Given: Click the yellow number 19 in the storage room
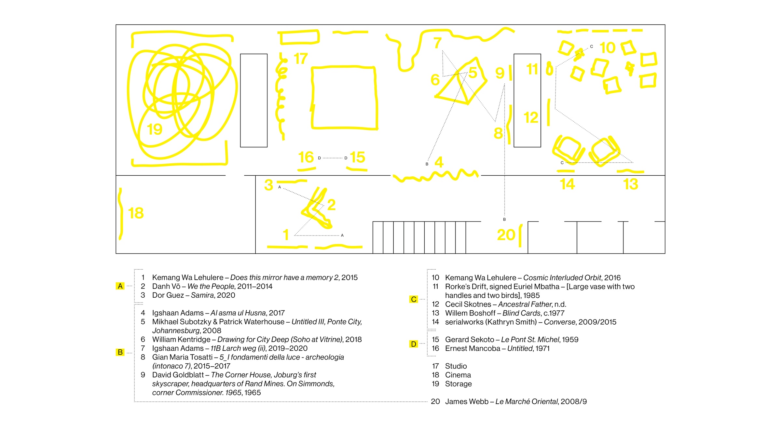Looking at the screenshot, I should point(155,129).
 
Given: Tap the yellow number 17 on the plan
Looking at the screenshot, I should point(300,59).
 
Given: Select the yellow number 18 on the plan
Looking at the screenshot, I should point(136,213).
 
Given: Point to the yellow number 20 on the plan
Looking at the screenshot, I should point(506,235).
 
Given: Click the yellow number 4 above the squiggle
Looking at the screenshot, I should point(439,162).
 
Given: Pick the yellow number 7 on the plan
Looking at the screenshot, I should point(437,43).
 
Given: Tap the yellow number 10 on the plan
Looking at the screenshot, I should point(608,48).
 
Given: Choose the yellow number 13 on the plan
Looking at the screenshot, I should point(631,184).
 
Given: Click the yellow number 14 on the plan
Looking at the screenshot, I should point(567,184).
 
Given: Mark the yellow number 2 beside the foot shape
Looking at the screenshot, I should point(331,205).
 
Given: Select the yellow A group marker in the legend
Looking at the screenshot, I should point(120,286).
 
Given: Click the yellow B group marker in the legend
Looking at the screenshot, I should point(120,352).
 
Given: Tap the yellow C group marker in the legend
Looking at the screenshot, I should point(413,299).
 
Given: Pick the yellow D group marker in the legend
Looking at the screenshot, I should point(413,344).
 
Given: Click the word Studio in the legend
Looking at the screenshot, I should point(456,366).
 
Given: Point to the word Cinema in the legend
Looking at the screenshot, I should point(458,375).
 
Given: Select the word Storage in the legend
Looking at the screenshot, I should point(458,384).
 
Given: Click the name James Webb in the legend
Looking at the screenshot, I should point(467,402).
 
